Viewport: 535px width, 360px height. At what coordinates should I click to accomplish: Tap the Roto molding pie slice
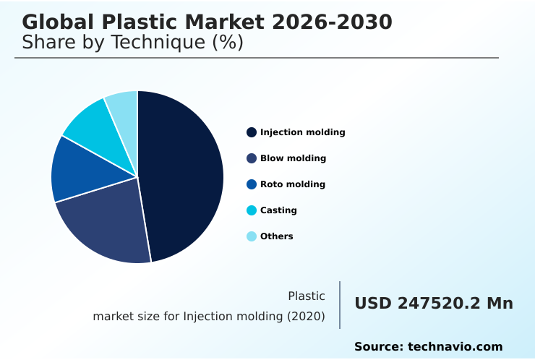[x=76, y=170]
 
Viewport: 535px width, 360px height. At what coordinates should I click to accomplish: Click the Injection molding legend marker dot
[x=252, y=132]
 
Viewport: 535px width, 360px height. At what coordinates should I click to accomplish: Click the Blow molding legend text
[x=293, y=158]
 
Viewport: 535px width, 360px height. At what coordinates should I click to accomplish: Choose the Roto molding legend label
[x=293, y=184]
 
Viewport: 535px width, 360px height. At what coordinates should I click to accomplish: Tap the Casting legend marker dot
[x=252, y=210]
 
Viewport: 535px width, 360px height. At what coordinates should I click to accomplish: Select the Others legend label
[x=277, y=236]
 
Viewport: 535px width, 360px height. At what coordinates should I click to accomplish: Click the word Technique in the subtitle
[x=152, y=43]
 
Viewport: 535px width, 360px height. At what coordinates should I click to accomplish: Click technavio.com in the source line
[x=455, y=347]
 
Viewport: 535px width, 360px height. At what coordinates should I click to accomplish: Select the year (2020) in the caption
[x=304, y=316]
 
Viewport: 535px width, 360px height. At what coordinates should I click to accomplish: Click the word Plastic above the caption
[x=307, y=296]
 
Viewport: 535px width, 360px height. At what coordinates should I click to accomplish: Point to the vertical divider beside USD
[x=340, y=305]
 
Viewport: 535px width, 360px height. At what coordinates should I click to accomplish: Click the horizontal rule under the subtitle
[x=257, y=58]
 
